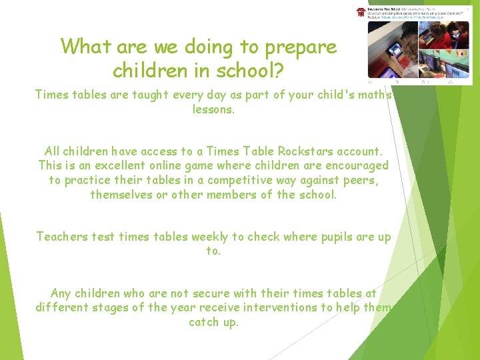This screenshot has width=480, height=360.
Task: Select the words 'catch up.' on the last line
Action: coord(213,322)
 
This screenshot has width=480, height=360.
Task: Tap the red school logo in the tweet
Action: coord(361,13)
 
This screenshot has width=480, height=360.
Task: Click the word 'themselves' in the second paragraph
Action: coord(122,195)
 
